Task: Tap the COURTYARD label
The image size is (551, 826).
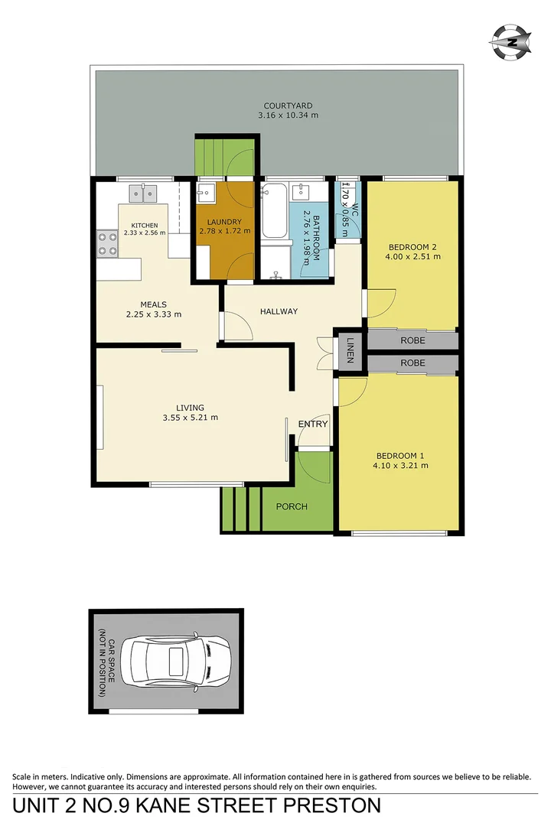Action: point(288,106)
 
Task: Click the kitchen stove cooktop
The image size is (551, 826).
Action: point(108,242)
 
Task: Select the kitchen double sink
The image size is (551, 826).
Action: point(142,192)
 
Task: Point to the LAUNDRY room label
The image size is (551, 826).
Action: point(223,223)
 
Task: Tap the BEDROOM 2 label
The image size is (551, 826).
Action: point(412,247)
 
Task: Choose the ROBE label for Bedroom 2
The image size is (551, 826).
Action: point(412,340)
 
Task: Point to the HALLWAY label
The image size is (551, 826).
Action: point(279,311)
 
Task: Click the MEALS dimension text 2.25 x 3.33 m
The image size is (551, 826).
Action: point(154,314)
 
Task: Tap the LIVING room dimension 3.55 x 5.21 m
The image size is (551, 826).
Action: point(191,418)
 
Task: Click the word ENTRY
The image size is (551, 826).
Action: point(312,424)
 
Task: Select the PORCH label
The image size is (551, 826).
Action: point(292,506)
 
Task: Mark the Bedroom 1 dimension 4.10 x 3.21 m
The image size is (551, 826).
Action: point(400,465)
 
